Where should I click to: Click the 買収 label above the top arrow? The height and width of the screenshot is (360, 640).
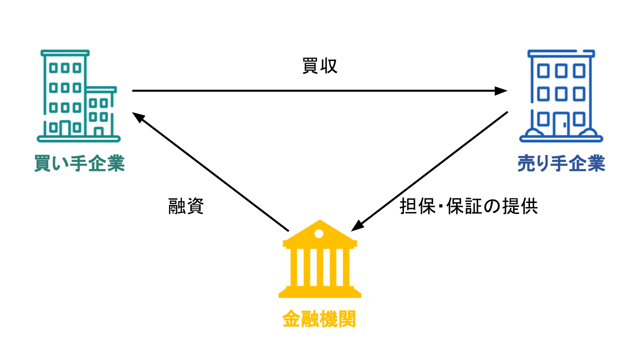coord(320,66)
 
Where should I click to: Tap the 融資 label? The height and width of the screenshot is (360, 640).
coord(186,206)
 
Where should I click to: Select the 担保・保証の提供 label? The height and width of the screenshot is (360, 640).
coord(468,206)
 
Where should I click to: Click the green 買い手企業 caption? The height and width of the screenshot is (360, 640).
coord(79,163)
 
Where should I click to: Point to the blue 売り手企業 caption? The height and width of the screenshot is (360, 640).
coord(561,163)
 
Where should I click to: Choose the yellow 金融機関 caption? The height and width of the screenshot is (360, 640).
coord(319,318)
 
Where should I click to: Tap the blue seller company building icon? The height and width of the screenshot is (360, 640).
coord(561,95)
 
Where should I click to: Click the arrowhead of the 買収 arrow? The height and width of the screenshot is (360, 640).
coord(501,91)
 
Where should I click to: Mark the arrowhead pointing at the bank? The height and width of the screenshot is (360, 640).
coord(357,226)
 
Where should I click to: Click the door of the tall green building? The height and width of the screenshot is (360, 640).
coord(65,128)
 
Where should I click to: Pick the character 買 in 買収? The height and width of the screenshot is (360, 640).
coord(310,66)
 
